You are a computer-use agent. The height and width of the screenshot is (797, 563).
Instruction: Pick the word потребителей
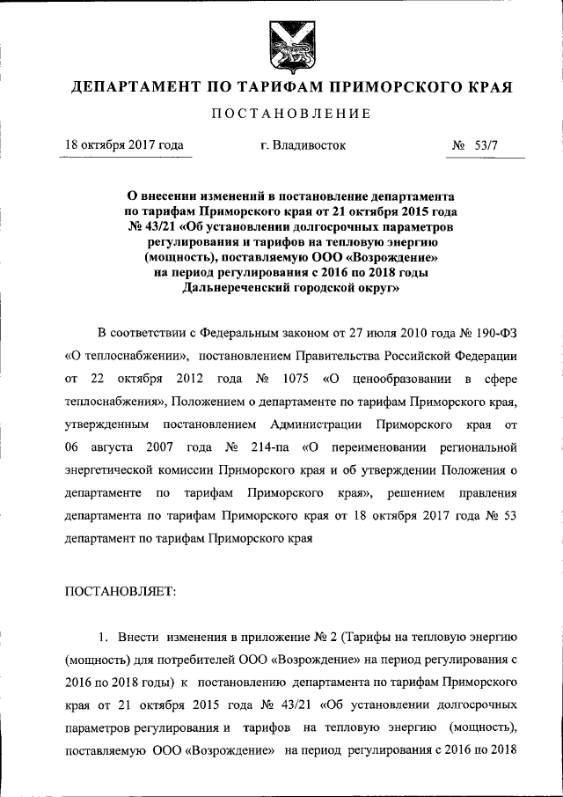[x=202, y=660]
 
